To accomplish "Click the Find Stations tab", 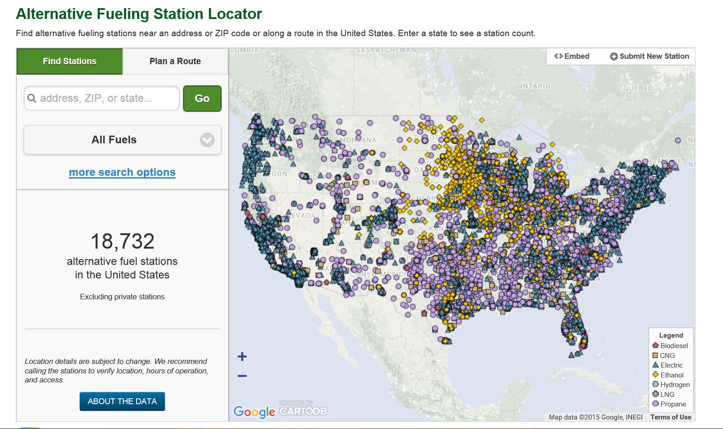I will pos(70,61).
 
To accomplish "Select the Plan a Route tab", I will pos(175,61).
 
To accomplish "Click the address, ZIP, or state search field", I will pos(102,98).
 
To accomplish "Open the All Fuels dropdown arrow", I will pos(207,140).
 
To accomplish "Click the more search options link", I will pos(122,172).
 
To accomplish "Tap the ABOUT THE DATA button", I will pos(122,401).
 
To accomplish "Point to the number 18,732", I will pos(122,241).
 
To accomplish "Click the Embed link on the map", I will pos(572,56).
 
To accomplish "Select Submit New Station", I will pos(650,56).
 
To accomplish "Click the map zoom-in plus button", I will pos(242,357).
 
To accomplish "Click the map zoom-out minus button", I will pos(242,376).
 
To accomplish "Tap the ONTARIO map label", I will pos(534,86).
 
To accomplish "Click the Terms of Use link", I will pos(671,417).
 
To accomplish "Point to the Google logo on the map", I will pos(254,411).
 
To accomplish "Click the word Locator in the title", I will pos(235,14).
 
